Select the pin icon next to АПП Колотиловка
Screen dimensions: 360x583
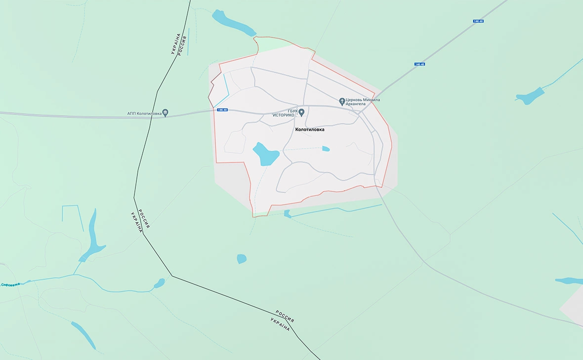(165, 113)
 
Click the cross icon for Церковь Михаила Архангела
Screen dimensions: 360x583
(341, 101)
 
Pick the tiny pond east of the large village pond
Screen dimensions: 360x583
(326, 149)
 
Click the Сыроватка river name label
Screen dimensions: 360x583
(10, 284)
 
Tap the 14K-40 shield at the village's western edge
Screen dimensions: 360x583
(222, 110)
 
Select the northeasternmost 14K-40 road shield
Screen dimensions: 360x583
(478, 21)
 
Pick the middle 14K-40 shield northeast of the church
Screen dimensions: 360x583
(419, 64)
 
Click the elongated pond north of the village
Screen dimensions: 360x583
(230, 22)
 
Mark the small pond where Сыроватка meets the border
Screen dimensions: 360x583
(159, 283)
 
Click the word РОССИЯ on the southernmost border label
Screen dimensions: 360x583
(285, 315)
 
